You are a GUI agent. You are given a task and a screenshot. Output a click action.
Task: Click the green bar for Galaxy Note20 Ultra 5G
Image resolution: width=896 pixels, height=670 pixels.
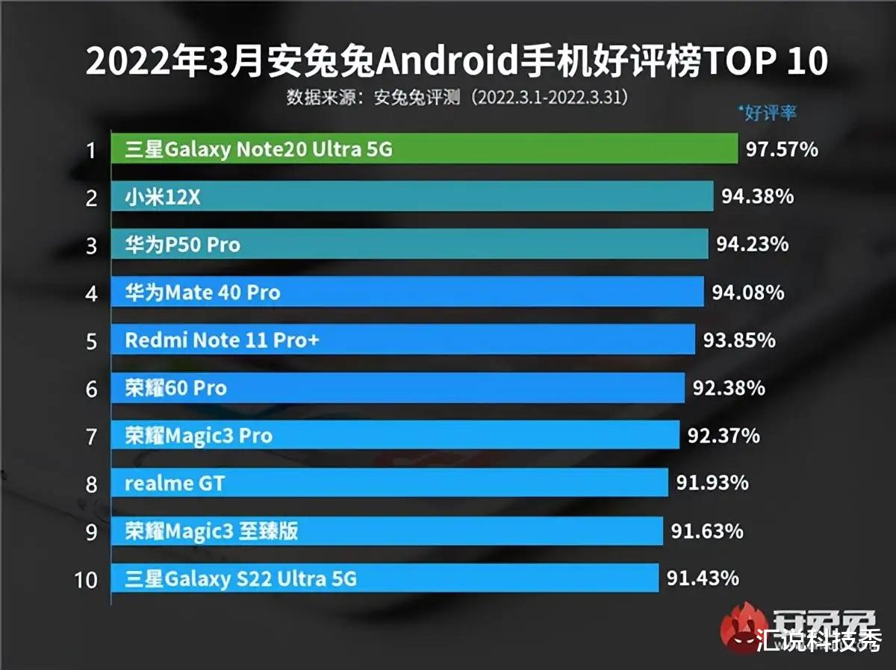pyautogui.click(x=424, y=149)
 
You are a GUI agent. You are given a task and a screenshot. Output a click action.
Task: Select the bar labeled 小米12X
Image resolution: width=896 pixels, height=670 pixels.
pyautogui.click(x=412, y=197)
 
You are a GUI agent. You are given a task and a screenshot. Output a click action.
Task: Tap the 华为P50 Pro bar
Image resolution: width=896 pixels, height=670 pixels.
pyautogui.click(x=409, y=245)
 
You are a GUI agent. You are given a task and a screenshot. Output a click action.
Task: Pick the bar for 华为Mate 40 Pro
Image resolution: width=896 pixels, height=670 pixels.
pyautogui.click(x=407, y=292)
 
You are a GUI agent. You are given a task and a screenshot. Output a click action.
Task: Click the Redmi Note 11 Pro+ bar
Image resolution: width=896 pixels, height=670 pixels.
pyautogui.click(x=403, y=340)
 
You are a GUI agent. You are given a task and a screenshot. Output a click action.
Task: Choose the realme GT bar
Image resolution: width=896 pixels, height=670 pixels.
pyautogui.click(x=389, y=483)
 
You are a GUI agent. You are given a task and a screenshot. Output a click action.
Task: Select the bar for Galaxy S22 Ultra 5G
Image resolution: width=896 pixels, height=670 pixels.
pyautogui.click(x=385, y=578)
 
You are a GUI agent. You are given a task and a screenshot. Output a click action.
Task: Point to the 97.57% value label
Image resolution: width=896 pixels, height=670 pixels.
pyautogui.click(x=782, y=149)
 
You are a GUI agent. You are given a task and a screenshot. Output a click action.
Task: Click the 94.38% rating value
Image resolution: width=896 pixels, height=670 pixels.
pyautogui.click(x=757, y=197)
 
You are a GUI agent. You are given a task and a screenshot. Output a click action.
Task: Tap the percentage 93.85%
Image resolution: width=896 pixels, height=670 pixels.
pyautogui.click(x=739, y=340)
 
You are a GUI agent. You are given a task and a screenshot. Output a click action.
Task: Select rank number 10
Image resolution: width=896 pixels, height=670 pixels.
pyautogui.click(x=87, y=579)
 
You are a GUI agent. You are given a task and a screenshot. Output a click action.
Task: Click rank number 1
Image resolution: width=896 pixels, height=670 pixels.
pyautogui.click(x=91, y=150)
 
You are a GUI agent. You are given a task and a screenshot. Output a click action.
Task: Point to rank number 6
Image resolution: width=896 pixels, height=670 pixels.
pyautogui.click(x=91, y=389)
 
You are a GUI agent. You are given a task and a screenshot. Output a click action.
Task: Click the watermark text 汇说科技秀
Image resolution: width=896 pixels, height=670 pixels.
pyautogui.click(x=818, y=640)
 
